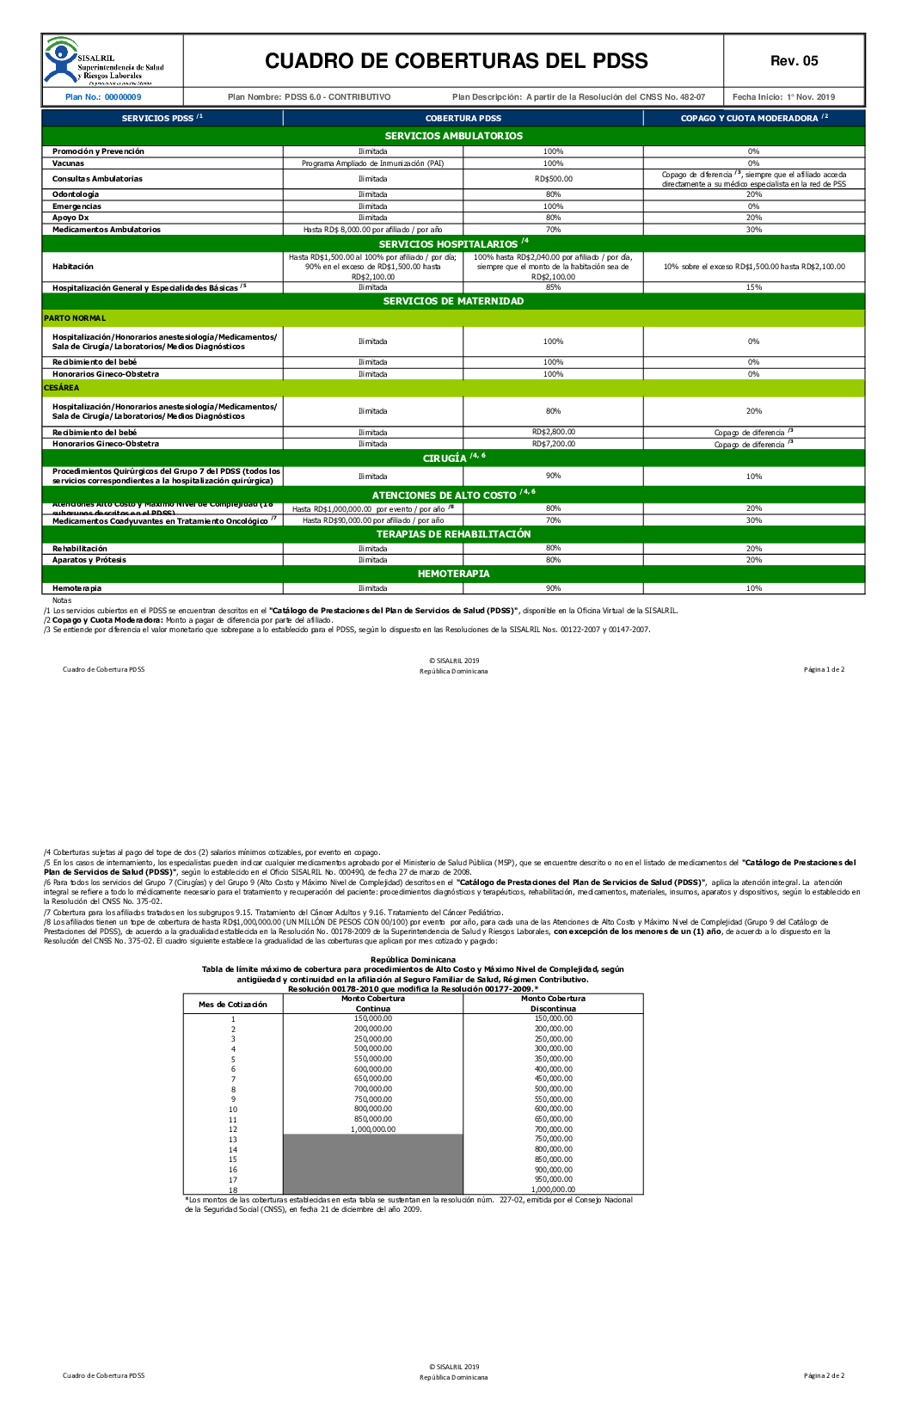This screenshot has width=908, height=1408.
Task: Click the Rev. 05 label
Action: tap(794, 61)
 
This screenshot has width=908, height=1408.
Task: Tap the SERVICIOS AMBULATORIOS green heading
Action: tap(453, 136)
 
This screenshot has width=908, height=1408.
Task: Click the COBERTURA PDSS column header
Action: tap(463, 119)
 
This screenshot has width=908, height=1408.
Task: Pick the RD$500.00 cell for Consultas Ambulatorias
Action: tap(553, 179)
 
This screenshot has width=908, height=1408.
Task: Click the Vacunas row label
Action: tap(69, 163)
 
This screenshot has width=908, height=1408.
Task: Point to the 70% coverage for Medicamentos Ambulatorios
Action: tap(553, 230)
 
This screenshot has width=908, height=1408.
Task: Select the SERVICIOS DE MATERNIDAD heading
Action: tap(453, 301)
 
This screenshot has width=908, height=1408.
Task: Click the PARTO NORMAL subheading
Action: tap(75, 318)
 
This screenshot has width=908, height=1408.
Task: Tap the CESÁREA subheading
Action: tap(62, 388)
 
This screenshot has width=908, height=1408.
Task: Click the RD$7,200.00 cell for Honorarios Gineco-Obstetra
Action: tap(553, 444)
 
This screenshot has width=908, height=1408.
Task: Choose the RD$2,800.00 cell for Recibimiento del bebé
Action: tap(553, 432)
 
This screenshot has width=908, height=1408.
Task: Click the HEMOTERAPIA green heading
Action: tap(453, 574)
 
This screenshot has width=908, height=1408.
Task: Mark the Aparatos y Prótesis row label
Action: tap(89, 560)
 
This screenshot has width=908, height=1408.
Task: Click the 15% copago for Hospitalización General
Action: tap(753, 287)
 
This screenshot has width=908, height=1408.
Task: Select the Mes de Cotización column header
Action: tap(233, 1004)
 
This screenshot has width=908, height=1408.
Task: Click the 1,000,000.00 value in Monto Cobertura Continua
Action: tap(373, 1129)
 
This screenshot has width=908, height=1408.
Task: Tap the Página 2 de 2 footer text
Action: tap(824, 1375)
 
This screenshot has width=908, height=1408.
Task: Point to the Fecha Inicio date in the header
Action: tap(783, 97)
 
